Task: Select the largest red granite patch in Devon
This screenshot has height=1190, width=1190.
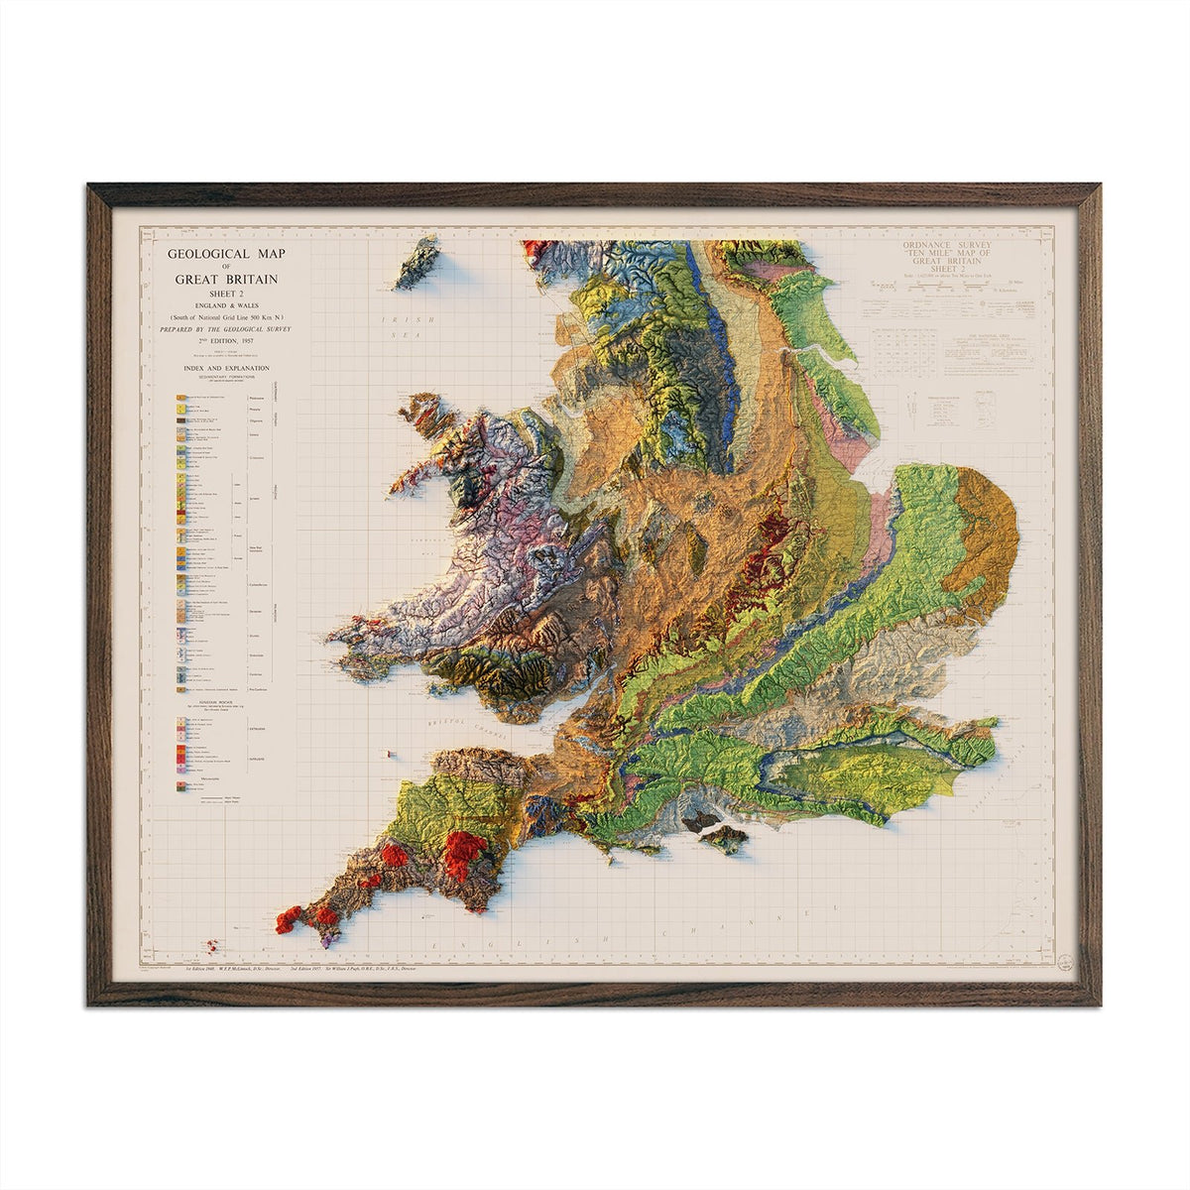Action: click(x=466, y=853)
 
